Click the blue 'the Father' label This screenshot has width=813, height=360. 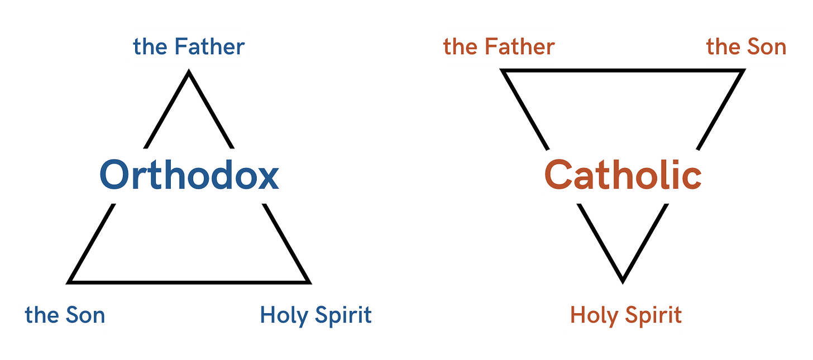pyautogui.click(x=189, y=47)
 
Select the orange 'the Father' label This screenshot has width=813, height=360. pyautogui.click(x=499, y=47)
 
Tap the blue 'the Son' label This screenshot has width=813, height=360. pyautogui.click(x=65, y=315)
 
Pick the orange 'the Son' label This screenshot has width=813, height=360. pyautogui.click(x=746, y=47)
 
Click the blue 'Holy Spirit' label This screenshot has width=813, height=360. pyautogui.click(x=315, y=315)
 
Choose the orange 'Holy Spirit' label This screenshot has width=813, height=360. pyautogui.click(x=625, y=315)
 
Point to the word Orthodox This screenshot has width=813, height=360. pyautogui.click(x=189, y=175)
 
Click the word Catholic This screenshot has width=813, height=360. pyautogui.click(x=623, y=175)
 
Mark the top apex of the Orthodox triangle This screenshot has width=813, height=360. pyautogui.click(x=189, y=70)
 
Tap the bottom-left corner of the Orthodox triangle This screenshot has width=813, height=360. pyautogui.click(x=66, y=284)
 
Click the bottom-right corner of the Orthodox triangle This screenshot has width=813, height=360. pyautogui.click(x=312, y=284)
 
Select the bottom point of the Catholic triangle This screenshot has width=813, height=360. pyautogui.click(x=623, y=282)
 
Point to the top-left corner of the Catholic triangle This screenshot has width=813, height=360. pyautogui.click(x=501, y=69)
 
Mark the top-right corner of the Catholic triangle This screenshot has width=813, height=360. pyautogui.click(x=745, y=69)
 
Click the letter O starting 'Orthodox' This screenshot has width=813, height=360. pyautogui.click(x=115, y=175)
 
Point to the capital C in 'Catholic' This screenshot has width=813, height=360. pyautogui.click(x=559, y=175)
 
